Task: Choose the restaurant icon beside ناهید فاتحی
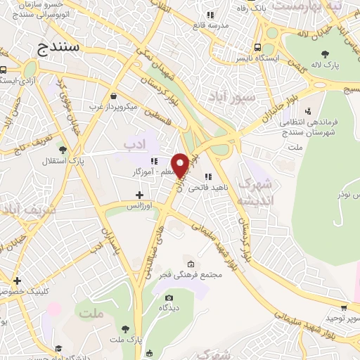[207, 176]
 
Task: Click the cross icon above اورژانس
[139, 195]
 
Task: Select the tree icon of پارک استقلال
[63, 150]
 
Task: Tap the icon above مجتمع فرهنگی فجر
[191, 264]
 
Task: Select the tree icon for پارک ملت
[125, 329]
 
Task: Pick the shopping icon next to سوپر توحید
[343, 307]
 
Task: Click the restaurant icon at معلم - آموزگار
[154, 161]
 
